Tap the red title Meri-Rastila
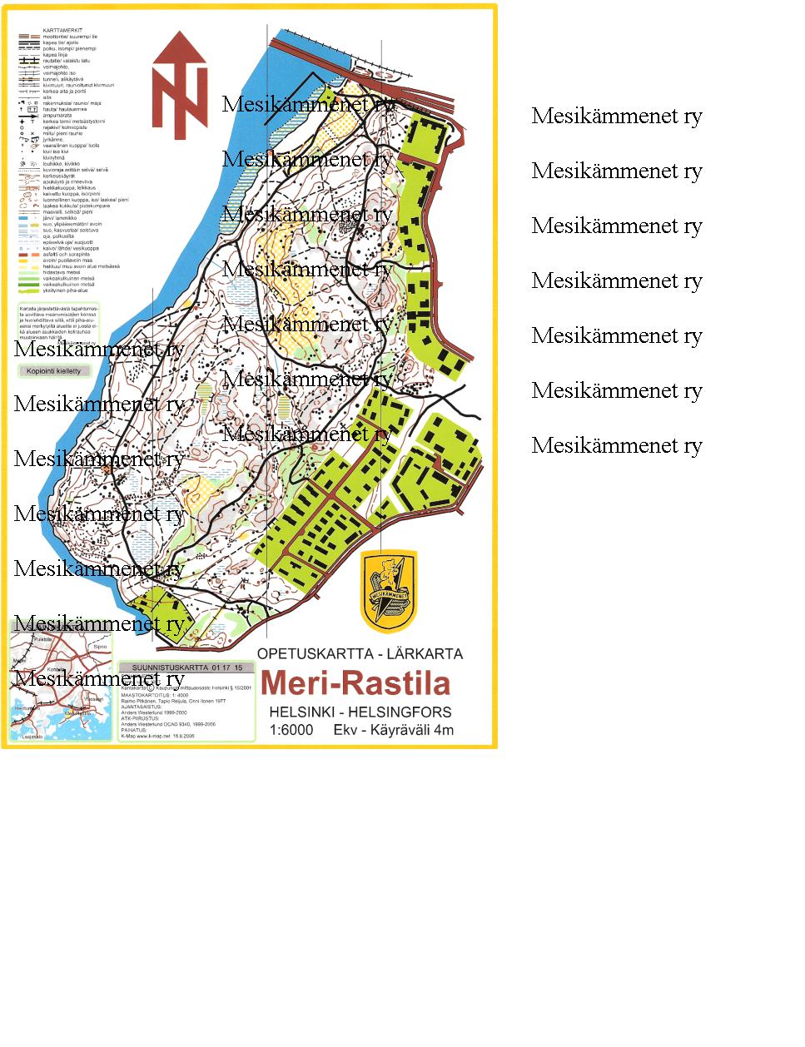tap(355, 683)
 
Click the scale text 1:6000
tap(291, 731)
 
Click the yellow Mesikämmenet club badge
tap(389, 591)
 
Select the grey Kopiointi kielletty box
tap(54, 371)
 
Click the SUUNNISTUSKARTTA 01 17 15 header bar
tap(186, 667)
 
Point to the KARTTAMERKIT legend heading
tap(63, 30)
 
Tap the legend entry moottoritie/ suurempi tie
tap(70, 37)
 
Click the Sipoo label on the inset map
tap(100, 646)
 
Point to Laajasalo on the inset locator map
tap(31, 737)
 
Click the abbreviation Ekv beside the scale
tap(345, 731)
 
